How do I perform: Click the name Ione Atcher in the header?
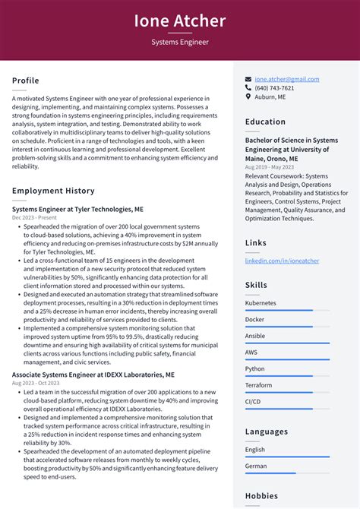click(x=180, y=21)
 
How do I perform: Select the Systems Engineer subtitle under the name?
click(x=180, y=43)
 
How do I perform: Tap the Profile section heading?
click(x=26, y=81)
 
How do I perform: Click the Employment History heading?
click(x=53, y=191)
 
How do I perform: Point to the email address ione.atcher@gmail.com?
click(x=287, y=79)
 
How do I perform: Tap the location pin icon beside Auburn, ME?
click(x=248, y=97)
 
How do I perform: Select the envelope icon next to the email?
click(x=248, y=79)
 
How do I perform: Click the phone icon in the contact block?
click(x=248, y=88)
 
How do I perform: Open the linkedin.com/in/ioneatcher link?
click(x=282, y=261)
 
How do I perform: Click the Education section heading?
click(x=266, y=122)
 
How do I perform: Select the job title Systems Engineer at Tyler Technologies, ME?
click(x=77, y=209)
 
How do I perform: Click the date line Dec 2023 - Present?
click(x=35, y=217)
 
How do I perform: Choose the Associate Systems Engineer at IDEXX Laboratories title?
click(x=93, y=375)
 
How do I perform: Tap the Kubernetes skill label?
click(x=261, y=303)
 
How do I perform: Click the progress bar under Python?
click(x=287, y=376)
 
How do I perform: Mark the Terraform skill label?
click(x=258, y=385)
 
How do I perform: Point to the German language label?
click(x=256, y=466)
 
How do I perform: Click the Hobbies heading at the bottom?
click(x=263, y=495)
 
